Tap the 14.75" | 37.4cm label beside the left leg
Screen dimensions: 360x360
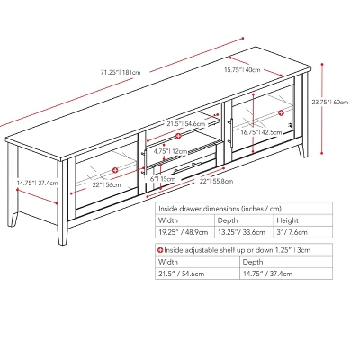34,184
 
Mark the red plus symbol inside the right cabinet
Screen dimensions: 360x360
281,112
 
